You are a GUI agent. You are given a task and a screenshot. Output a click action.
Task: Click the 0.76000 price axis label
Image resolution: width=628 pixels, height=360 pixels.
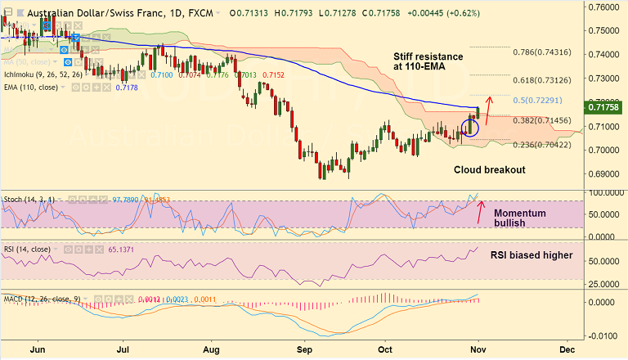tap(604, 7)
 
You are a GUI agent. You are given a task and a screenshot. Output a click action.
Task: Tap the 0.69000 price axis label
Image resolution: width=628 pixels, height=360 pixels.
tap(604, 174)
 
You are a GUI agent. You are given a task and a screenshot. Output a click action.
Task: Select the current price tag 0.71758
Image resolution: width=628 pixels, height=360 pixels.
tap(605, 106)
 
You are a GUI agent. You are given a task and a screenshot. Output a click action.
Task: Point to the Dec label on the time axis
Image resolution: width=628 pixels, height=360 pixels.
tap(566, 350)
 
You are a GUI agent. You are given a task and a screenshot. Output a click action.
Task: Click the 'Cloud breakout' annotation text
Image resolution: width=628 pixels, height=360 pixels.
tap(490, 169)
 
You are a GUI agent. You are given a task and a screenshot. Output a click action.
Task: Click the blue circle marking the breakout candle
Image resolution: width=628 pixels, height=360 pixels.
tap(469, 127)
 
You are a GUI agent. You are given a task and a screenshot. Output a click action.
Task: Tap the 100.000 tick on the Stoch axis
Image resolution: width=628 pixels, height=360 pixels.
tap(606, 192)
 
